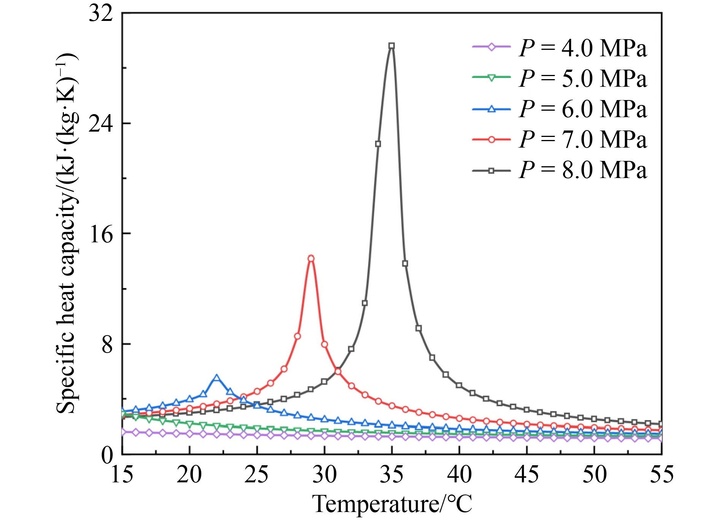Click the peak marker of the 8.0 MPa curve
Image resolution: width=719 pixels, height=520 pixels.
point(391,46)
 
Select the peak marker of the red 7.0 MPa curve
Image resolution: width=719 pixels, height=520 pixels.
point(311,259)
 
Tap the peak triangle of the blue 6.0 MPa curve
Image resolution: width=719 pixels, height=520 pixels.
point(216,378)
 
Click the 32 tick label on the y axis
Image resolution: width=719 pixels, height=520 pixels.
point(101,14)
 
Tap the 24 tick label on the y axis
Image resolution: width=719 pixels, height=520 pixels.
point(101,124)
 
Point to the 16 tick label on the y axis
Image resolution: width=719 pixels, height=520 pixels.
point(101,234)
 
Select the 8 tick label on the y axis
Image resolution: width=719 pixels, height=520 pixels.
point(107,344)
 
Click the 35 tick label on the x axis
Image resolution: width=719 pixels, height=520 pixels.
point(392,475)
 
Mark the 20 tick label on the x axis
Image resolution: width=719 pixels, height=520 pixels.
point(189,475)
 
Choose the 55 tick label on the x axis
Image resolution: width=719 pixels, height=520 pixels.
point(662,475)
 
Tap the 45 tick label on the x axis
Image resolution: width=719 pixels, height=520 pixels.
point(527,475)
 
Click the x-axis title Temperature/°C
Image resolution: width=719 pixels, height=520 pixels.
point(392,504)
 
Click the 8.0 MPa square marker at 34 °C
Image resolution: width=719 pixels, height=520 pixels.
point(378,144)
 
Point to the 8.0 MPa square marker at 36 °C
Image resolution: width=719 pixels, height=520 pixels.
point(405,264)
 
